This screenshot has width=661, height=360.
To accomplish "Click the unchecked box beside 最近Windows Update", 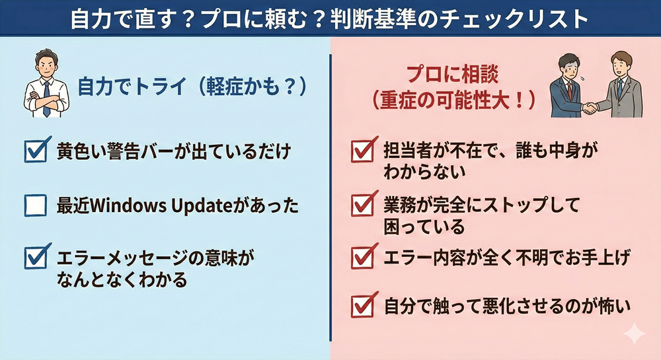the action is click(36, 205).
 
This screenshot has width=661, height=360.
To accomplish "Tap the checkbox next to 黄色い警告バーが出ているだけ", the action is click(37, 149).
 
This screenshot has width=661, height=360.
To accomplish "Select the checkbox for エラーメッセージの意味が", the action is click(37, 256).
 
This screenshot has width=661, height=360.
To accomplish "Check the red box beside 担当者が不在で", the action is click(364, 150).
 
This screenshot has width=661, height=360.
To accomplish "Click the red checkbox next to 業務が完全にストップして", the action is click(364, 204).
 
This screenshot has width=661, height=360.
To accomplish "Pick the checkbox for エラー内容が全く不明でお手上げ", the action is click(364, 256).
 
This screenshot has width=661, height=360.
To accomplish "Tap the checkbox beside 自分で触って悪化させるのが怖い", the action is click(364, 305).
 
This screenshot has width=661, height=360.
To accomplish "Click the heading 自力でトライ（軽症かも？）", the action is click(192, 87).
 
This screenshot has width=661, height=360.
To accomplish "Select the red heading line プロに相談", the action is click(452, 75).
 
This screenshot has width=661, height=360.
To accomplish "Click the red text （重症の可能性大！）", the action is click(453, 100).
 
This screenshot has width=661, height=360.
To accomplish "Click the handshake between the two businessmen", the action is click(590, 108).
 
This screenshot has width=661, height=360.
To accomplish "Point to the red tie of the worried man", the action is click(570, 90).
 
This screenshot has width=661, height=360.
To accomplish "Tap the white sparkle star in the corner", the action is click(634, 334).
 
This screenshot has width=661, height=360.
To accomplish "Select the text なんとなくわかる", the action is click(122, 279).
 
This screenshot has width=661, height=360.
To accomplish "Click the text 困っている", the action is click(424, 227).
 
